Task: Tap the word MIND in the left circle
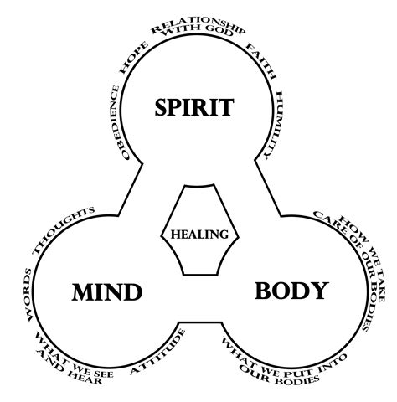click(x=106, y=293)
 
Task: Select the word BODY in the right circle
click(x=291, y=291)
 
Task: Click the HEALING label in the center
click(x=199, y=234)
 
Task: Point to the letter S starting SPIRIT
click(x=162, y=107)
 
